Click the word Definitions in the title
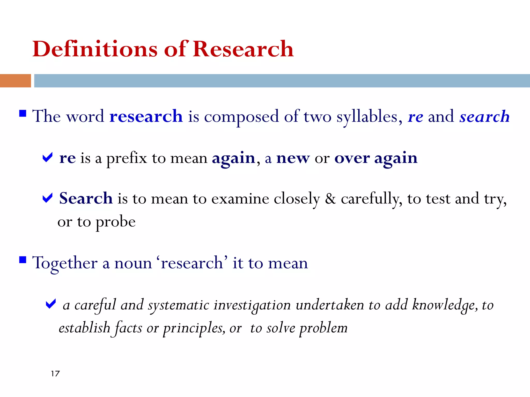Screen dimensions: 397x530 (x=95, y=49)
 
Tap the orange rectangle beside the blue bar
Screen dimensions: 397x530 (x=15, y=81)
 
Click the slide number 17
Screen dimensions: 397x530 (x=55, y=374)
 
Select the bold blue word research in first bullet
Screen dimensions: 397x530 (x=146, y=116)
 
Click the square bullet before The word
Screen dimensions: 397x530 (x=23, y=113)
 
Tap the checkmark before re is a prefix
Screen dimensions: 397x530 (x=47, y=157)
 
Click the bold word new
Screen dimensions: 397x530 (x=293, y=158)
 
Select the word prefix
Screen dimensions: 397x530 (x=127, y=159)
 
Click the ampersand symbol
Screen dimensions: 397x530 (x=330, y=199)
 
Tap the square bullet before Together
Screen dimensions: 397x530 (x=23, y=259)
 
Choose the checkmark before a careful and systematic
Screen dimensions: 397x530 (x=51, y=304)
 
